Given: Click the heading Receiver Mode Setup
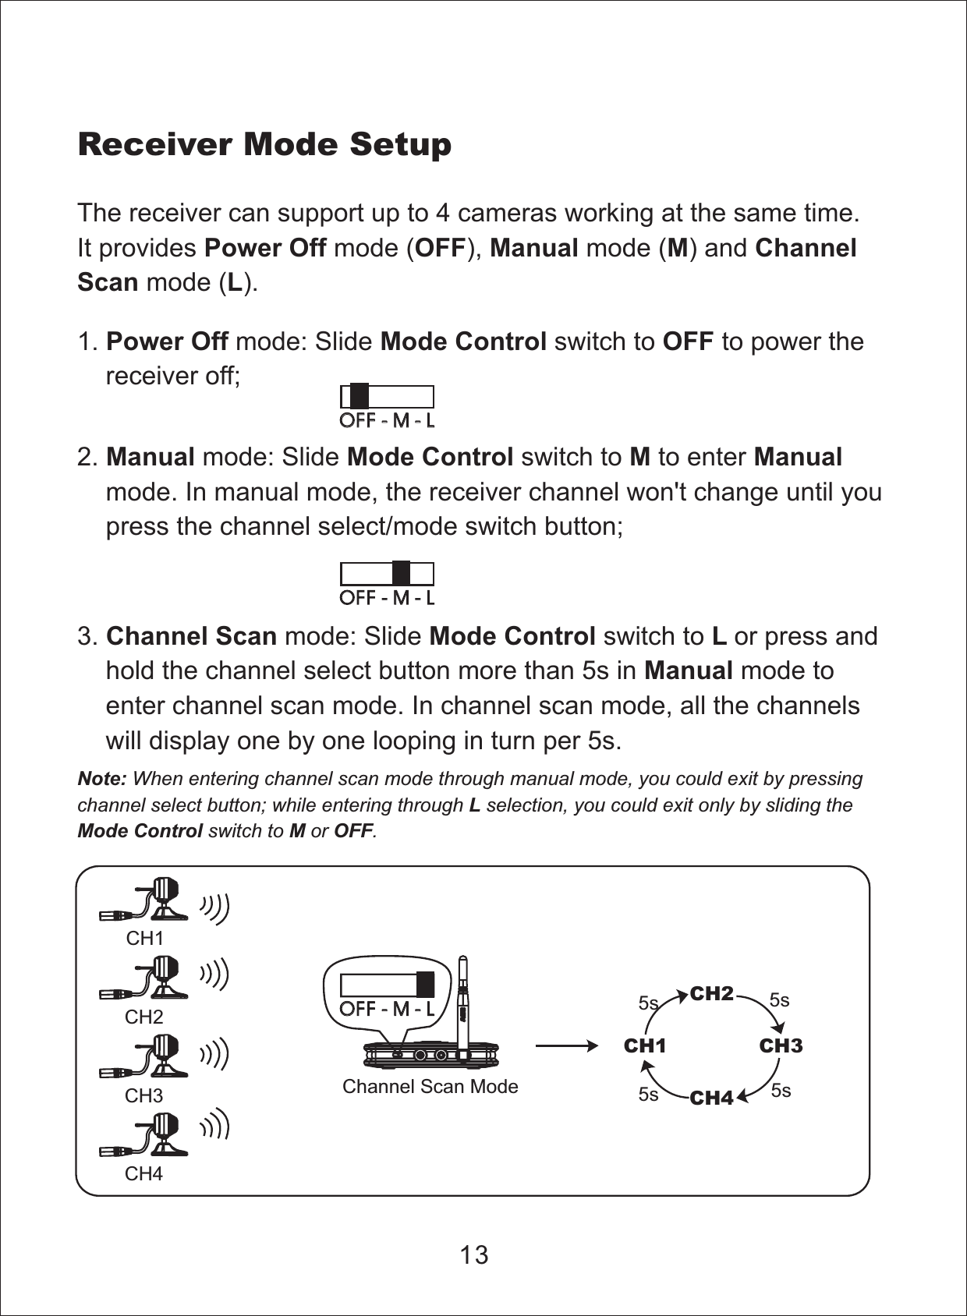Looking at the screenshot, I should tap(264, 144).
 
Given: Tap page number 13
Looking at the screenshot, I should tap(473, 1254).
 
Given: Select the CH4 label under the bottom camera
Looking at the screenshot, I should tap(143, 1173).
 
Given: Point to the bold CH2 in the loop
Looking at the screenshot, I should tap(711, 993).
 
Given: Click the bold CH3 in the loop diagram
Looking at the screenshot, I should tap(781, 1045).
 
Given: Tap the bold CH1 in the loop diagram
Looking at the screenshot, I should tap(645, 1045).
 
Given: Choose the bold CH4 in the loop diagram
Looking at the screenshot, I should tap(711, 1098).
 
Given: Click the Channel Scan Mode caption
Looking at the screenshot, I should tap(430, 1086).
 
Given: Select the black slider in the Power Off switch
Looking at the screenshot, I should tap(359, 397).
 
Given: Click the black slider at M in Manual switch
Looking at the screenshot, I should tap(401, 574).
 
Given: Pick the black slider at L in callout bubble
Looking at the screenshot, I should tap(425, 984).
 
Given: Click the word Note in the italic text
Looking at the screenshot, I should tap(101, 779).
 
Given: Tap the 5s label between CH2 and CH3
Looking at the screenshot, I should tap(779, 1000).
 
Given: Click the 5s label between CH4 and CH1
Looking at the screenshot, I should tap(648, 1094).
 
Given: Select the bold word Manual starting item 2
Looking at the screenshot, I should tap(150, 457).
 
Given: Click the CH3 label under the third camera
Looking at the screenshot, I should tap(143, 1095).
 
